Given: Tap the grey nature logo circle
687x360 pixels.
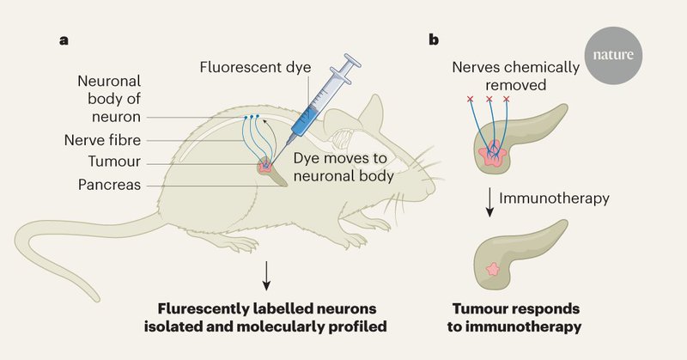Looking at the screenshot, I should pos(616,56).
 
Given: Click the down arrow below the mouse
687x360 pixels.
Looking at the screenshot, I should pos(267,272).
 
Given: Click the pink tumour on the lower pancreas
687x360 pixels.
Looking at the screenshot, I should pos(493,270).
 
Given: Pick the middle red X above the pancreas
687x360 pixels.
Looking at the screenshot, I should pos(489,100).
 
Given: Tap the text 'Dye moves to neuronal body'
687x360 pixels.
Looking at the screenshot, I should pos(343,168).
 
